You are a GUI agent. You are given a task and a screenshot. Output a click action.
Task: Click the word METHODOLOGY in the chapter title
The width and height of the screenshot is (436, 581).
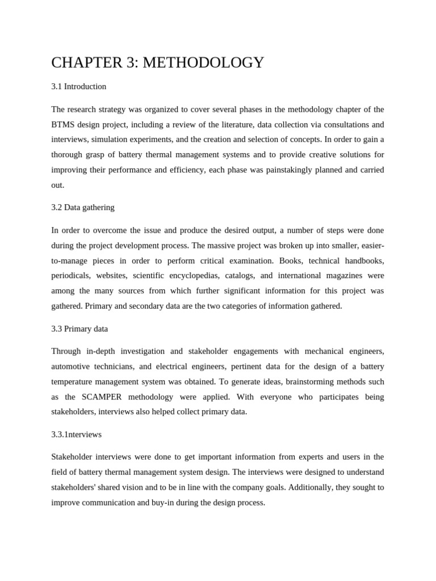pyautogui.click(x=203, y=62)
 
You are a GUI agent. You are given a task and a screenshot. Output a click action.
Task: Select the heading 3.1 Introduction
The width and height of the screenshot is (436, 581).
pyautogui.click(x=78, y=86)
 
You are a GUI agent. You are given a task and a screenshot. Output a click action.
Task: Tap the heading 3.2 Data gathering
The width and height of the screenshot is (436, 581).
pyautogui.click(x=83, y=207)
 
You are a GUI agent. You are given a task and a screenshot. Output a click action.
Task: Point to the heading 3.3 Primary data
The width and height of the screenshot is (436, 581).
pyautogui.click(x=79, y=329)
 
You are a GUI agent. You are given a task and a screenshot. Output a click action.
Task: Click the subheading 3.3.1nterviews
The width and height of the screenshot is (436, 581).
pyautogui.click(x=77, y=434)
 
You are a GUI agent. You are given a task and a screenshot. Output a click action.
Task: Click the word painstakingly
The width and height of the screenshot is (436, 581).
pyautogui.click(x=281, y=170)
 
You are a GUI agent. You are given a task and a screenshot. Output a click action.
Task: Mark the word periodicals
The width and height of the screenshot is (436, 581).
pyautogui.click(x=70, y=275)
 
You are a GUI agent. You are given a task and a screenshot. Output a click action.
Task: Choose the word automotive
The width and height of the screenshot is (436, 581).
pyautogui.click(x=73, y=367)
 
